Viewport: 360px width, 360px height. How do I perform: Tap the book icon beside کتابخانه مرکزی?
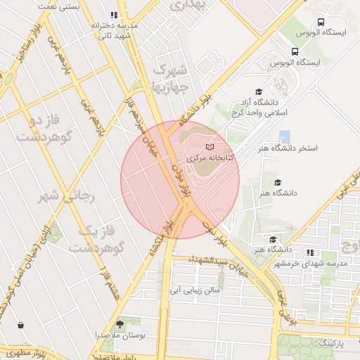tap(210, 147)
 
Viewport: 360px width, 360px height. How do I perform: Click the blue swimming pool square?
tap(284, 136)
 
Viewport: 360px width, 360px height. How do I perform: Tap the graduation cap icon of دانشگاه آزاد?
tap(258, 92)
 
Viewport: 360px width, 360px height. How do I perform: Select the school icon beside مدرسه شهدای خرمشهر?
tap(310, 252)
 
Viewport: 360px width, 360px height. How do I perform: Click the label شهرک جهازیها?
tap(171, 79)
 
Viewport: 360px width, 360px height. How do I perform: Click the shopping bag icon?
tap(20, 325)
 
